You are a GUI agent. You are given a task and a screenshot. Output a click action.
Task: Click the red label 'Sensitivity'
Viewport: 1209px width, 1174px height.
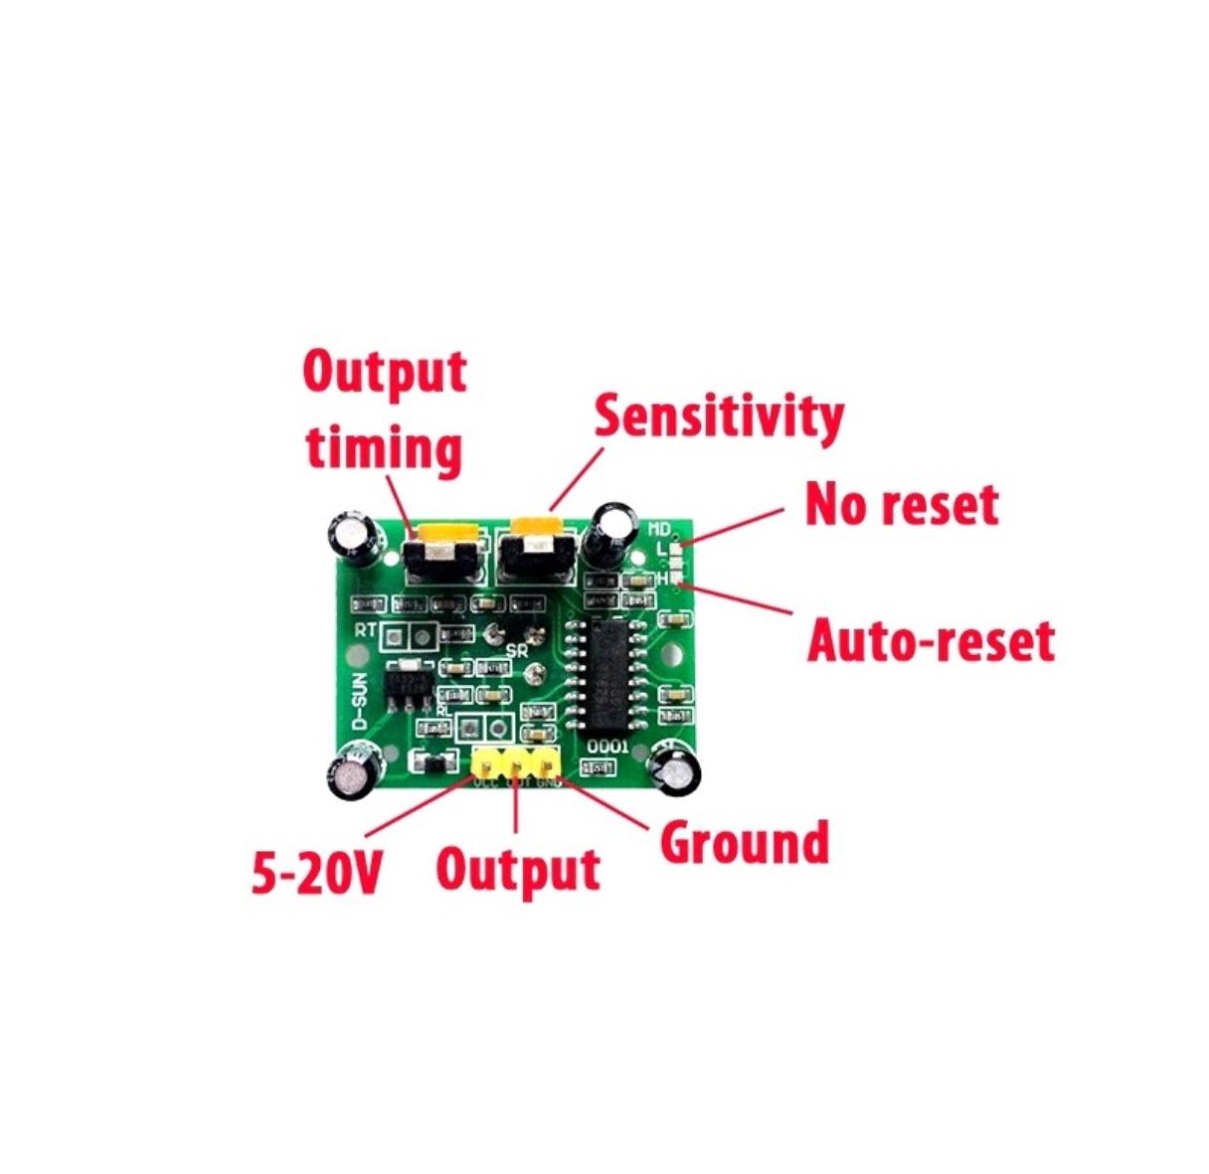[x=718, y=417]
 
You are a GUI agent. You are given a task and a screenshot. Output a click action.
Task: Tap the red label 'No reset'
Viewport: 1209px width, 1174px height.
[x=901, y=504]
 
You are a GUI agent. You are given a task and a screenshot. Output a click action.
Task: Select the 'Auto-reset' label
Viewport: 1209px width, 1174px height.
[x=930, y=641]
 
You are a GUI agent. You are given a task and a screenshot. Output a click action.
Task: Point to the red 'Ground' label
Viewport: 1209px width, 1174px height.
[x=744, y=842]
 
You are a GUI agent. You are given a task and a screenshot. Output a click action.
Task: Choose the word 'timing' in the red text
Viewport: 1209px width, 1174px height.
[x=384, y=448]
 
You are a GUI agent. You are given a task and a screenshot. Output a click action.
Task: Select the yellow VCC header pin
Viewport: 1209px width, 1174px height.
[x=487, y=762]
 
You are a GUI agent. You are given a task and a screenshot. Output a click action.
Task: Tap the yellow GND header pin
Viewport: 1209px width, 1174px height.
[x=546, y=762]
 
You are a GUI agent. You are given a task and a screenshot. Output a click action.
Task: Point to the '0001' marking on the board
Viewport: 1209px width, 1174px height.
[x=606, y=747]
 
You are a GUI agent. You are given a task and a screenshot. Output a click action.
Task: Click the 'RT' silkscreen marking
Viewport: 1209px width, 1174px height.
[x=366, y=630]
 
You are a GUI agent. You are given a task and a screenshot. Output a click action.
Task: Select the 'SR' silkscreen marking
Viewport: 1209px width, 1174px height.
[x=517, y=651]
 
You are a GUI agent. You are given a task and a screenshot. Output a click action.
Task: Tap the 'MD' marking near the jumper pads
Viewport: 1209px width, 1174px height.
[x=660, y=529]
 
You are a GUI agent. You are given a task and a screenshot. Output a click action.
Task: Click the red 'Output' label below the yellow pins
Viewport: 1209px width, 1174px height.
[x=518, y=869]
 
